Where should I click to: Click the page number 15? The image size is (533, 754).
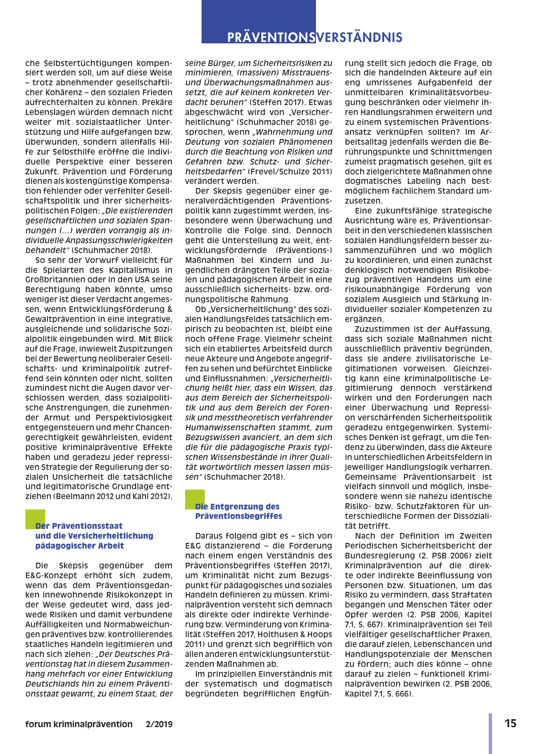(x=510, y=723)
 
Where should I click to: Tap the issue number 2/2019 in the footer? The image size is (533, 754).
(x=159, y=724)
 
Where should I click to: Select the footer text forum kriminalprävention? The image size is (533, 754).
(x=79, y=724)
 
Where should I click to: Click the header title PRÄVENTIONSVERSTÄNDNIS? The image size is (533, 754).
(x=315, y=38)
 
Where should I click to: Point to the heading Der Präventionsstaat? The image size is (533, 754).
(x=79, y=526)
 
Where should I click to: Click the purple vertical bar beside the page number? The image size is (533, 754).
(x=491, y=733)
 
